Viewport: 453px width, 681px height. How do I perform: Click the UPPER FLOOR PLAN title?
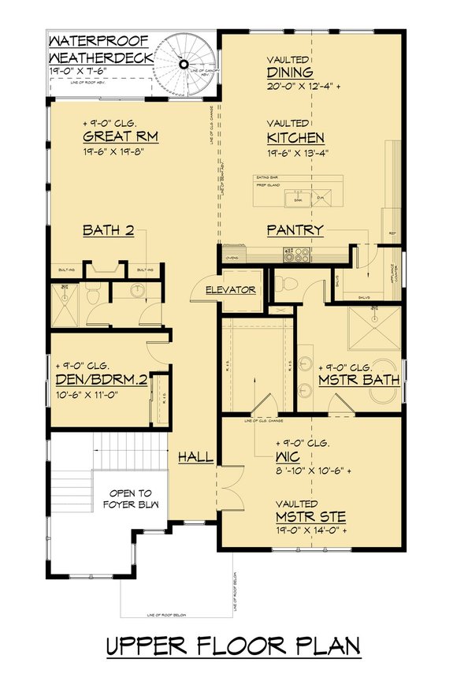pyautogui.click(x=233, y=646)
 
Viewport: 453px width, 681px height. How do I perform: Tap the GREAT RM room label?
pyautogui.click(x=121, y=137)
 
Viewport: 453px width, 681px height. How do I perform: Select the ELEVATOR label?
pyautogui.click(x=230, y=290)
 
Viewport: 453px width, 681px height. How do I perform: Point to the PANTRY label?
pyautogui.click(x=294, y=230)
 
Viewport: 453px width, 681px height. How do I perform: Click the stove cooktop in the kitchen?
pyautogui.click(x=297, y=255)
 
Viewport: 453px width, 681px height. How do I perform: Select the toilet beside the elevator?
pyautogui.click(x=287, y=284)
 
